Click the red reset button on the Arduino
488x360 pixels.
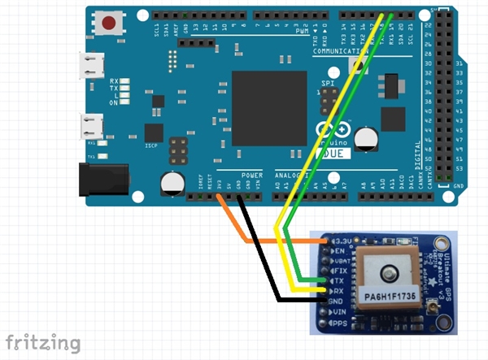(x=107, y=23)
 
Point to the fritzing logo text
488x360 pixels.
(x=43, y=342)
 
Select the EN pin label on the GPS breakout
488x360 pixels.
(x=340, y=252)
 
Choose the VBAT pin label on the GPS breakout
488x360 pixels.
(x=342, y=262)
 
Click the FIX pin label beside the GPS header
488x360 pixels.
(x=342, y=272)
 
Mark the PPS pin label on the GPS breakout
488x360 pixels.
(x=340, y=323)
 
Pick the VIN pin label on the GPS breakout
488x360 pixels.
(x=340, y=312)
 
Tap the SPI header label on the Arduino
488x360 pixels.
(x=328, y=84)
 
